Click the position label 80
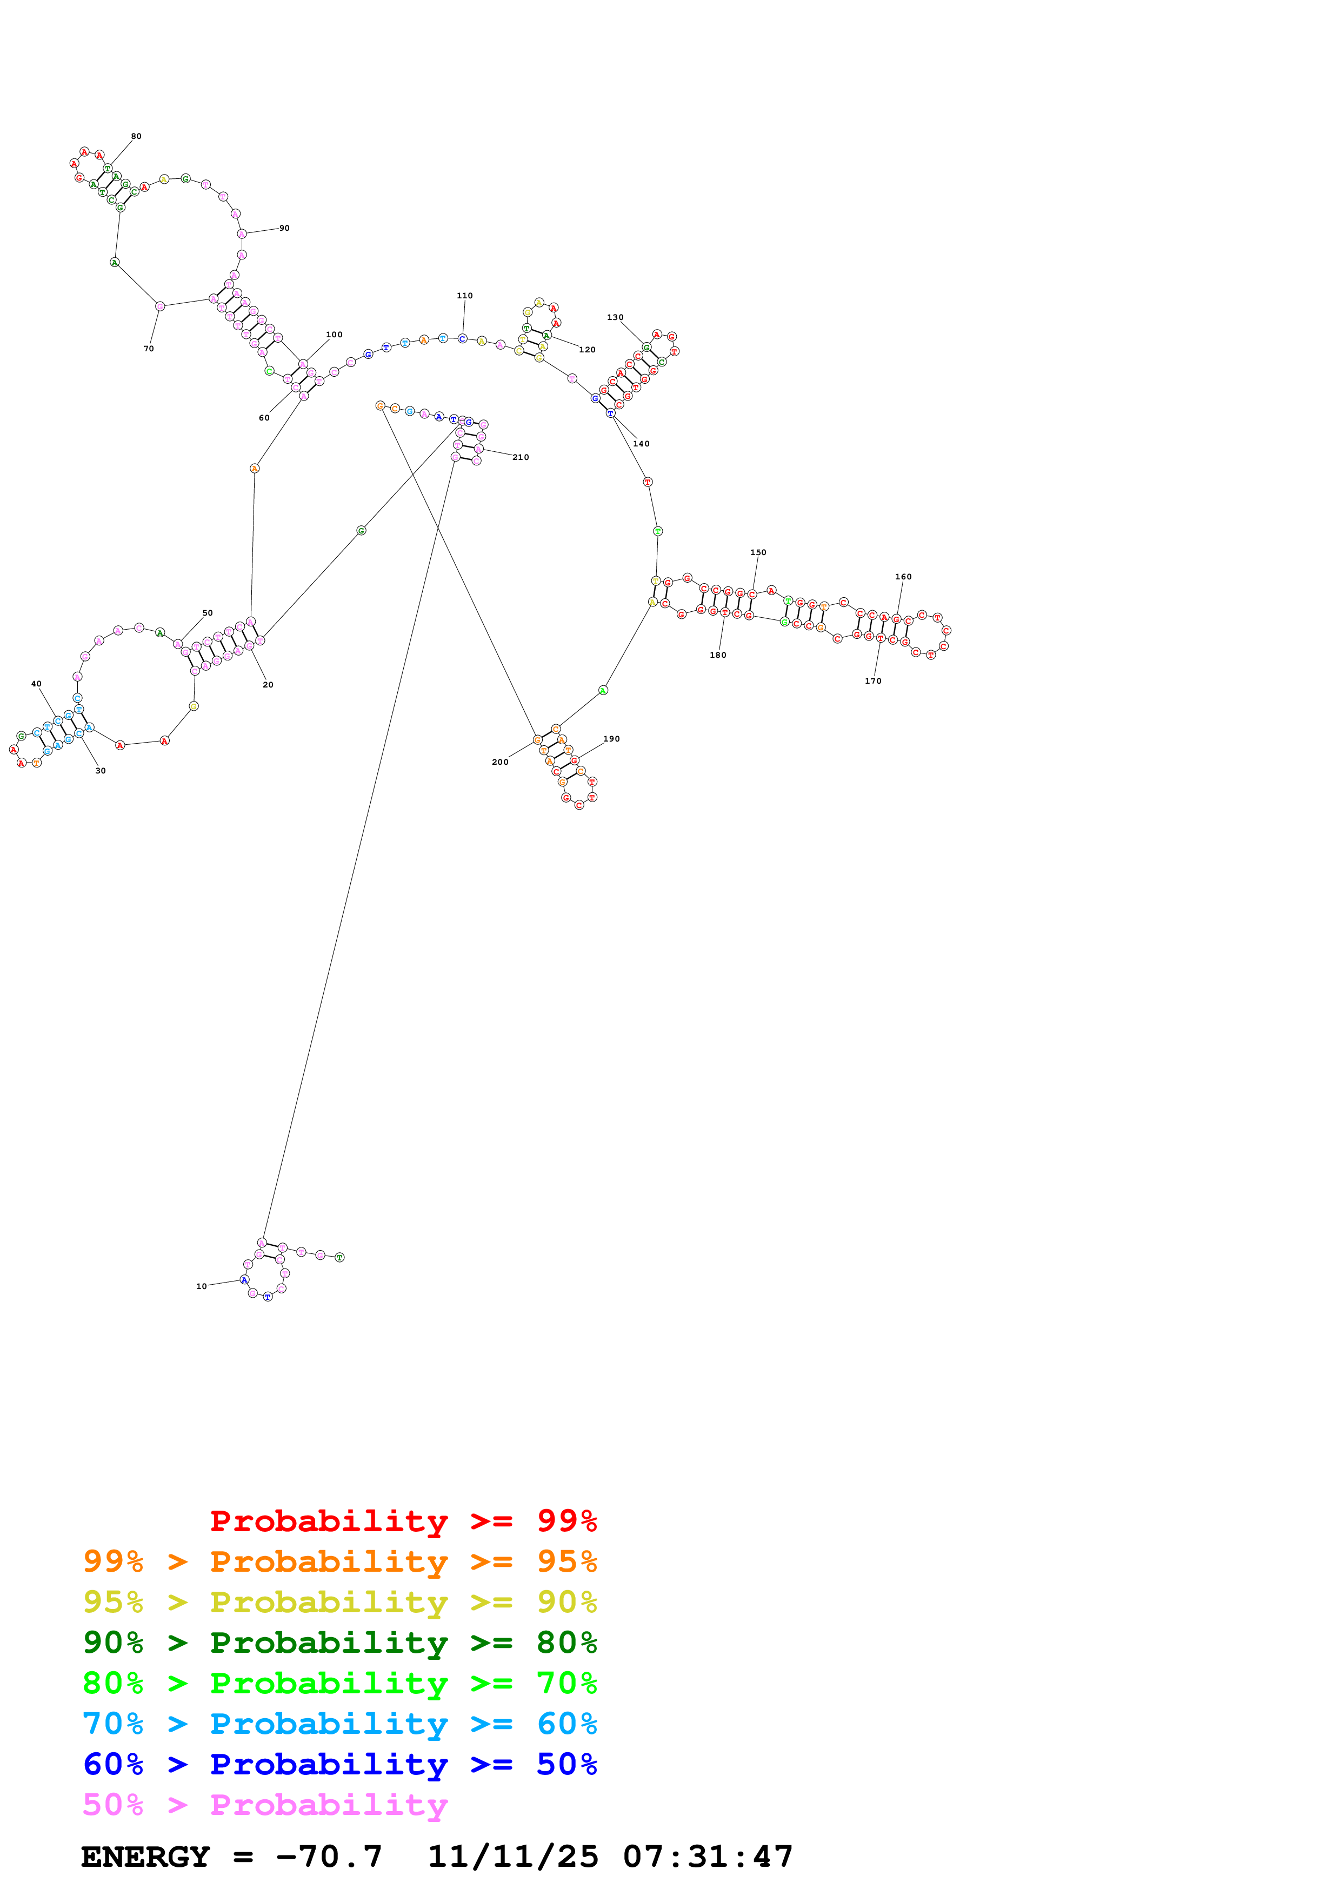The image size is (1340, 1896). point(136,136)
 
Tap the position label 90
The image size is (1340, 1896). point(284,228)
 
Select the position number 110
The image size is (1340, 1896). point(465,296)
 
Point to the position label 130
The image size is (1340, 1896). point(615,317)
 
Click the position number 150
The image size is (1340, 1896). point(758,552)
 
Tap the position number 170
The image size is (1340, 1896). point(872,681)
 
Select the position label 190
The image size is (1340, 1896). point(611,739)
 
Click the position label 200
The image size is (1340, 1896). point(501,762)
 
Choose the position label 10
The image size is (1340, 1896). point(202,1286)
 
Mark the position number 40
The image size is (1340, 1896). point(36,684)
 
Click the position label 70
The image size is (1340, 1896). point(149,349)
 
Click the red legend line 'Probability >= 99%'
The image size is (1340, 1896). point(403,1520)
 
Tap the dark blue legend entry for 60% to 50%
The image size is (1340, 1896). point(339,1764)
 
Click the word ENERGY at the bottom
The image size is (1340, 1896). point(145,1857)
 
